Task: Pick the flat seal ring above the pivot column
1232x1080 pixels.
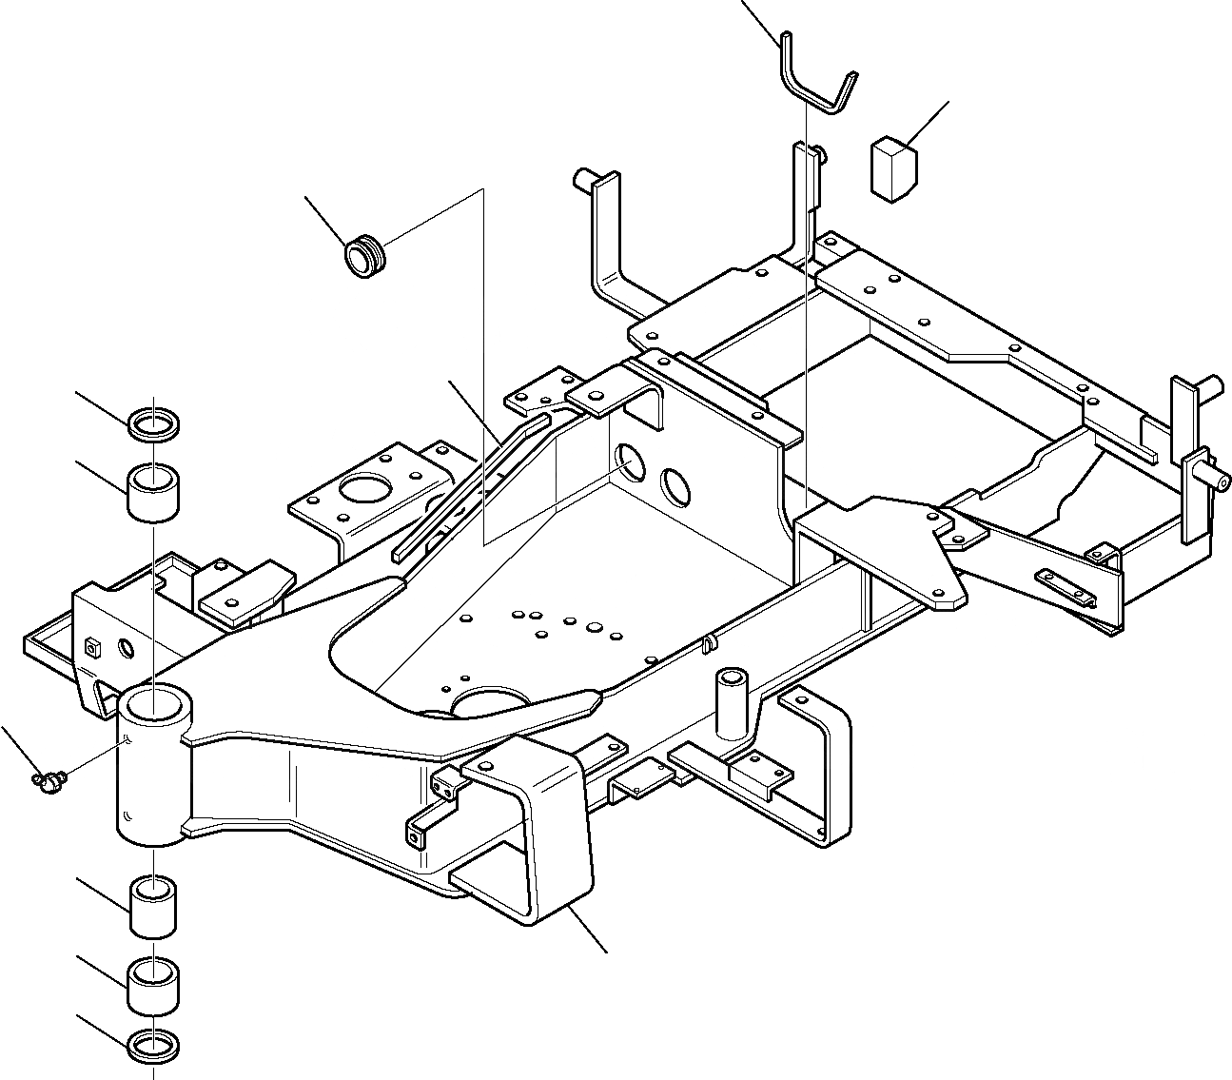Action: tap(153, 424)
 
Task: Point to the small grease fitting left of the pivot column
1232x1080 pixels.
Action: tap(47, 781)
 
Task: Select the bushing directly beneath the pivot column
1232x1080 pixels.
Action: tap(153, 907)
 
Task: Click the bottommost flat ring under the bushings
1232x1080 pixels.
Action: tap(153, 1044)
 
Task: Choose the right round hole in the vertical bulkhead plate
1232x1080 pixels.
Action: tap(676, 486)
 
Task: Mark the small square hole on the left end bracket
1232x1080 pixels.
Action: tap(93, 646)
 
